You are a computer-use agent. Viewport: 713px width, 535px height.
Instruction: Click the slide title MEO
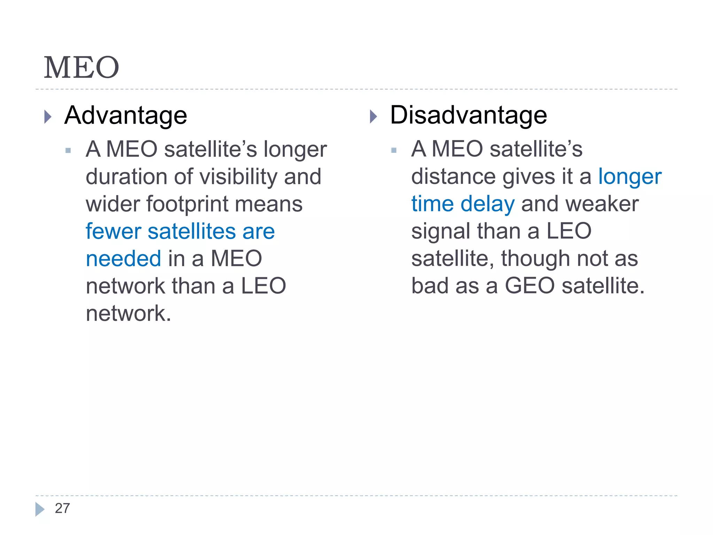click(81, 68)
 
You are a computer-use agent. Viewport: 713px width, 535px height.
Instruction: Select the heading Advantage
click(126, 115)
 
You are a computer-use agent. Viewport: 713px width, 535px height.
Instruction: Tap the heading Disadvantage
click(468, 115)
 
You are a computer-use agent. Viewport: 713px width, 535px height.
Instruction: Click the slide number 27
click(62, 509)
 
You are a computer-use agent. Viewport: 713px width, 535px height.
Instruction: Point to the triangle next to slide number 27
click(40, 509)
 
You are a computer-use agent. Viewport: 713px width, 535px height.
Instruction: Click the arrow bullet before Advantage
click(48, 117)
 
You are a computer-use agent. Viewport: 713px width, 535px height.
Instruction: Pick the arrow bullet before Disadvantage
click(373, 117)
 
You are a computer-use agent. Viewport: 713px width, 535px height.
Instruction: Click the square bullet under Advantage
click(68, 151)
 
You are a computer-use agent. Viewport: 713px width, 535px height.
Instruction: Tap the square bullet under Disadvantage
click(394, 150)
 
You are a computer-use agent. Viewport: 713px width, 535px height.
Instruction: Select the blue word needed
click(123, 259)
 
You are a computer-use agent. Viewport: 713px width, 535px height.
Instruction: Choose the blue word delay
click(487, 204)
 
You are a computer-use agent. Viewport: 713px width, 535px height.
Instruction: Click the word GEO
click(530, 286)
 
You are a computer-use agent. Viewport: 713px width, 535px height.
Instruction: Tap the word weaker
click(602, 204)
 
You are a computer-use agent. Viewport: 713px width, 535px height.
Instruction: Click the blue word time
click(432, 204)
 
